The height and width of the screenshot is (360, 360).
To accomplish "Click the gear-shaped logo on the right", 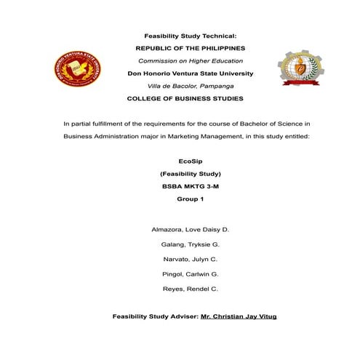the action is point(298,72).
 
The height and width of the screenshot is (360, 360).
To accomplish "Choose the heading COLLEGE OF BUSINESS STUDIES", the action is point(185,97).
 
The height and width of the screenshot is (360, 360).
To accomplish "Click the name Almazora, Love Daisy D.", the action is point(191,229).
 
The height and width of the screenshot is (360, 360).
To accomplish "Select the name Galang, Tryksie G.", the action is point(191,244).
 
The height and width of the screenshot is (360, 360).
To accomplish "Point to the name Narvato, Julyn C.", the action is point(191,259).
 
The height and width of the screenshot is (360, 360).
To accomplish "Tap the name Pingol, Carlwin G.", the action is point(191,273).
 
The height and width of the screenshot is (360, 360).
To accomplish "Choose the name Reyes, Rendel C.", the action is point(191,289).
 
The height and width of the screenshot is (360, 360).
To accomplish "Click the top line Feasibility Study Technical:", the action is point(191,35).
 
